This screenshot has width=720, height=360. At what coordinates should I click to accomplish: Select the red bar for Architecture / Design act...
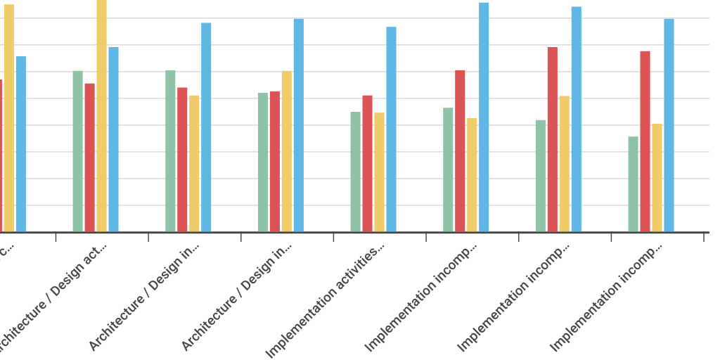(90, 157)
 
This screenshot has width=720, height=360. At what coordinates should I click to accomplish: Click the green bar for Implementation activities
(356, 172)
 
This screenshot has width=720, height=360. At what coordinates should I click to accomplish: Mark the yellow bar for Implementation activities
(380, 172)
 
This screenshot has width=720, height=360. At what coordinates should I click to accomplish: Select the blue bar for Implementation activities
(392, 129)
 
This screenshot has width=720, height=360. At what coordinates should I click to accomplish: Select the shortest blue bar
(21, 144)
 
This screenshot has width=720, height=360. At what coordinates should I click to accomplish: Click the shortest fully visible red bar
(90, 157)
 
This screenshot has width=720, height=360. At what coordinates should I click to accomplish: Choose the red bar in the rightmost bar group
(645, 141)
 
